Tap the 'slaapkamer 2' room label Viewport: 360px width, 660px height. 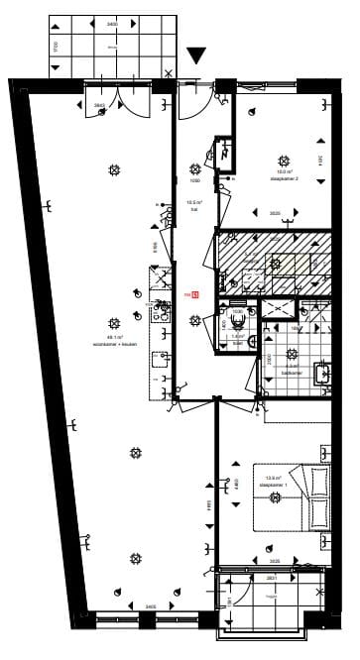(x=285, y=179)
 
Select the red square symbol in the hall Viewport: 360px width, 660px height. (x=196, y=294)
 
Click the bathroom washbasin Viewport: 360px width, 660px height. (x=322, y=374)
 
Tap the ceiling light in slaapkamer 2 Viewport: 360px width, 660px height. (x=285, y=160)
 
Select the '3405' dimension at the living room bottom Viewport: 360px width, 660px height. (x=122, y=605)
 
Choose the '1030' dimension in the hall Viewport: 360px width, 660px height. (x=195, y=181)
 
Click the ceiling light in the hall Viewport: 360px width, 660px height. (x=195, y=318)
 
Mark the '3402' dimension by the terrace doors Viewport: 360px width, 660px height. (x=100, y=103)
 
